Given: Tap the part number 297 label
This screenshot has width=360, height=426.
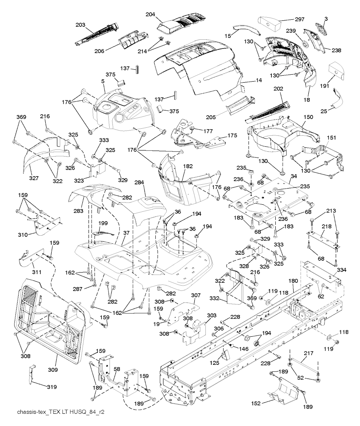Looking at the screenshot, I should [300, 19].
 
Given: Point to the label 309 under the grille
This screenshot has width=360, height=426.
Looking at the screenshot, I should [53, 370].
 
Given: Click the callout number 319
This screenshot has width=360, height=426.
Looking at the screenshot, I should [51, 386].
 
